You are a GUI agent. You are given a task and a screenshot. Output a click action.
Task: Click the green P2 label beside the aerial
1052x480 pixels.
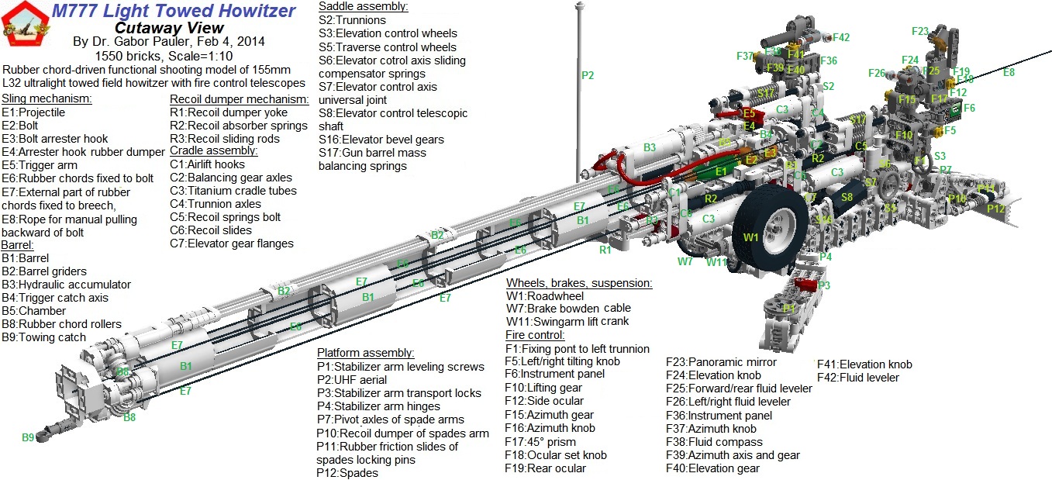[588, 75]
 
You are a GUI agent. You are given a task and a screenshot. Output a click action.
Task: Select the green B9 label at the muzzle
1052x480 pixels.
[28, 438]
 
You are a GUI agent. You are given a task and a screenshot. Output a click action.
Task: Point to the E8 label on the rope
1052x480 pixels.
[1009, 72]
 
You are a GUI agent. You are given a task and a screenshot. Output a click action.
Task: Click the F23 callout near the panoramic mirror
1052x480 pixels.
[919, 32]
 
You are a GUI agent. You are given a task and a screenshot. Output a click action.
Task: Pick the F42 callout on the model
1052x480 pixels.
[841, 37]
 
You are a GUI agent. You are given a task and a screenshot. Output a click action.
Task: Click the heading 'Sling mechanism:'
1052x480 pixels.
[47, 98]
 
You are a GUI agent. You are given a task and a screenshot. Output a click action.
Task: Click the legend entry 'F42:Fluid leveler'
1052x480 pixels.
[858, 378]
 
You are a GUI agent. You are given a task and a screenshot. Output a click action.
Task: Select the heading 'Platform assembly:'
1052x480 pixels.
[366, 353]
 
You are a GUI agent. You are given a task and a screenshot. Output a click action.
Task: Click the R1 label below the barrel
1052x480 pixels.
[605, 250]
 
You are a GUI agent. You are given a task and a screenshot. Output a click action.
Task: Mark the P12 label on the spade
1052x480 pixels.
[995, 209]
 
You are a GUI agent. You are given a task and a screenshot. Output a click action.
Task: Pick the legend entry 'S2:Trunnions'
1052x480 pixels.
[352, 20]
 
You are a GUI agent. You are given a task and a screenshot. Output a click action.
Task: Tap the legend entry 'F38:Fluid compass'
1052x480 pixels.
[712, 442]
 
